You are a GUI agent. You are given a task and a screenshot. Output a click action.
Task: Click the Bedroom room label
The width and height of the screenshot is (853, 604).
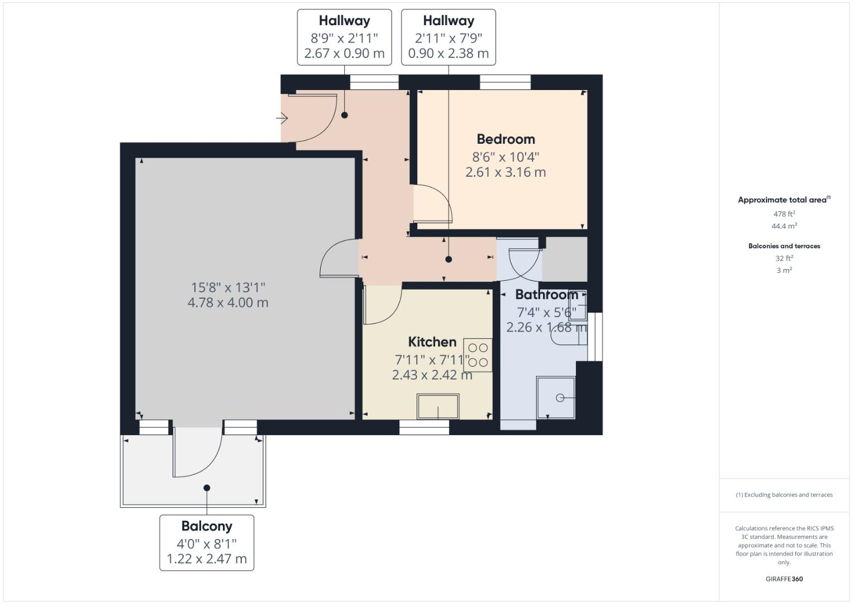[x=506, y=139]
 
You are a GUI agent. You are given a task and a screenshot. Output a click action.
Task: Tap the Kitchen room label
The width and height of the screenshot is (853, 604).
[x=432, y=342]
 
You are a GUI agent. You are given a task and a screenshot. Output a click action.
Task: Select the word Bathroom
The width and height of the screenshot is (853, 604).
[x=546, y=295]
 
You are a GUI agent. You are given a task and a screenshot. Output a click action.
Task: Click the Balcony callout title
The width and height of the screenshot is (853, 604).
[x=207, y=526]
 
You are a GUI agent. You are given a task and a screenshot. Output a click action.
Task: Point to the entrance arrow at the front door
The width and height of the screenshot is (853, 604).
[x=282, y=119]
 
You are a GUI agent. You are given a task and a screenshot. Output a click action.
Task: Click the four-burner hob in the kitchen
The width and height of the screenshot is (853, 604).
[x=478, y=355]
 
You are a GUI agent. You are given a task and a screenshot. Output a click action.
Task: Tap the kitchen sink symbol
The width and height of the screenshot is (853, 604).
[x=438, y=407]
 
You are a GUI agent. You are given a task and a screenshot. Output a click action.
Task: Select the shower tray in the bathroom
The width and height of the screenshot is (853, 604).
[x=555, y=398]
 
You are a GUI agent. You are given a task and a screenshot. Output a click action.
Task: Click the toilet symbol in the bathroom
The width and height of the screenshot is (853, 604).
[x=567, y=334]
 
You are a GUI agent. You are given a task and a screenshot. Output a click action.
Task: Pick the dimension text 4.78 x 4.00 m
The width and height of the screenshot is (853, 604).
[x=228, y=303]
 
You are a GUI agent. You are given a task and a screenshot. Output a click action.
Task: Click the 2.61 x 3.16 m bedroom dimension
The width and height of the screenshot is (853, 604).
[x=506, y=172]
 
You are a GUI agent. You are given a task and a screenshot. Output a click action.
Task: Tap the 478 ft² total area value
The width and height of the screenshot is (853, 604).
[x=784, y=214]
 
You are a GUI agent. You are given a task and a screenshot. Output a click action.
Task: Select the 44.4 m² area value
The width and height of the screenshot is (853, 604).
[x=784, y=226]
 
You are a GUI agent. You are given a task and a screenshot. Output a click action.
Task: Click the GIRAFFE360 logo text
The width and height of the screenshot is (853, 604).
[x=784, y=579]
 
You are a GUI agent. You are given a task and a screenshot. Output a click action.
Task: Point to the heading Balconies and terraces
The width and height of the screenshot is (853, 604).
[x=784, y=246]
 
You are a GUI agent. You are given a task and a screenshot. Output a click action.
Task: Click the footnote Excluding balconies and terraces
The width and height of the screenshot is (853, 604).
[x=784, y=495]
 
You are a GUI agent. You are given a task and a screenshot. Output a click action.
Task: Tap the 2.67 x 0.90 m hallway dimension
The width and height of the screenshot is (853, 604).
[x=344, y=54]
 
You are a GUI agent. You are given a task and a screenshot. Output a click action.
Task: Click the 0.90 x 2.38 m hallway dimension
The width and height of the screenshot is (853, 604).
[x=448, y=54]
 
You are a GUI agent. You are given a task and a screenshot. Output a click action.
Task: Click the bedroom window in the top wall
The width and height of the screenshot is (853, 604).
[x=505, y=82]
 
